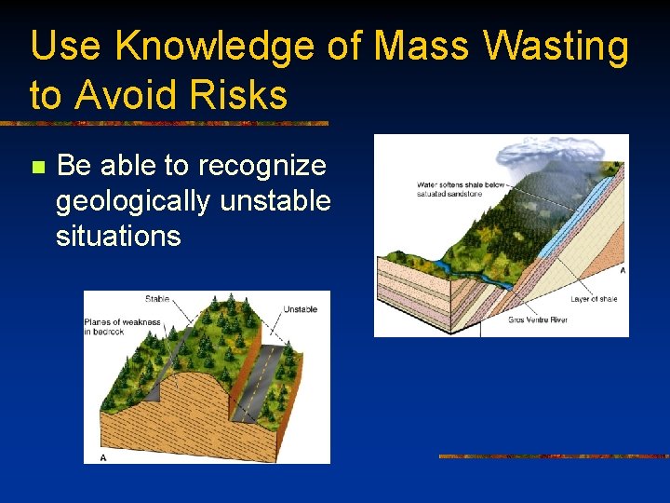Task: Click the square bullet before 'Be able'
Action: pyautogui.click(x=37, y=168)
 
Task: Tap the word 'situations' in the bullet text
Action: pyautogui.click(x=118, y=235)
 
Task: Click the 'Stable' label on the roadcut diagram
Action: pyautogui.click(x=156, y=299)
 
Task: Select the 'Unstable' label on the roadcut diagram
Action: pyautogui.click(x=300, y=309)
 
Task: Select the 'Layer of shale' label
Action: pyautogui.click(x=594, y=299)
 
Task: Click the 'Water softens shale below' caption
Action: pyautogui.click(x=460, y=184)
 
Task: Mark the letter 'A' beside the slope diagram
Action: pyautogui.click(x=622, y=270)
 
